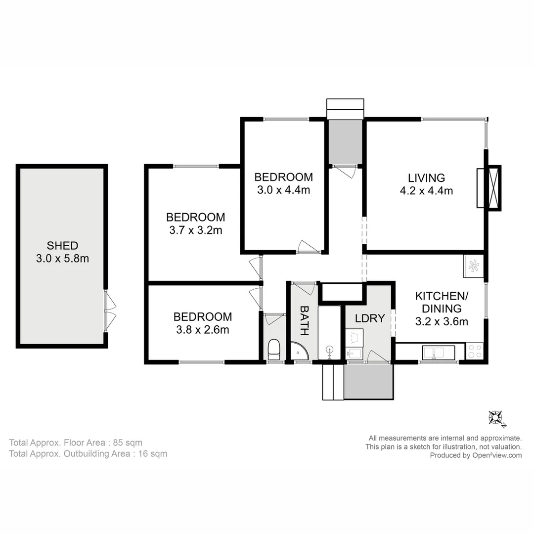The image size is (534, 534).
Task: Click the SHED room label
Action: (62, 245)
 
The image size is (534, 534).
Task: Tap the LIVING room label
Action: (426, 178)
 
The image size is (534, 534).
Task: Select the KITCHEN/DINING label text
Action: (441, 302)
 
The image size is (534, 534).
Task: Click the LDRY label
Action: (370, 318)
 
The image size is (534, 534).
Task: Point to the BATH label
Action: (305, 320)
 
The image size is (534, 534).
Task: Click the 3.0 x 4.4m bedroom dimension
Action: (283, 190)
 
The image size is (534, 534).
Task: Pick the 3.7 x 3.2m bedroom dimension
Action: (195, 230)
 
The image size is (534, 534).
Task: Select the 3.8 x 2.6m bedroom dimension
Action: (202, 329)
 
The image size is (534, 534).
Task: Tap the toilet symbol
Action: (273, 350)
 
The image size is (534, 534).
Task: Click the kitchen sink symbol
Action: (438, 352)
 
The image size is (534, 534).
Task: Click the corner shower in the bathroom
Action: (299, 351)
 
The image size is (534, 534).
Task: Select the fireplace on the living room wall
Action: (489, 188)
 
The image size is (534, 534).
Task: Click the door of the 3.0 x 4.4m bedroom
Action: (309, 247)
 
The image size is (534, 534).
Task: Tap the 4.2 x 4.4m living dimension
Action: (426, 190)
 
